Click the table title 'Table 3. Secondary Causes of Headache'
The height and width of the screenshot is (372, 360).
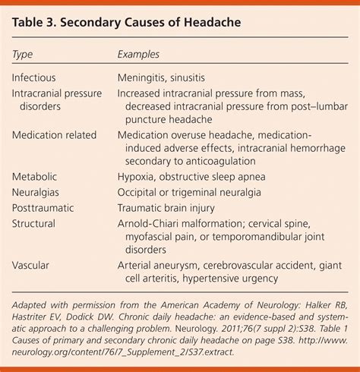pos(127,23)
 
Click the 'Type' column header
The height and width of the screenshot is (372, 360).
pos(24,55)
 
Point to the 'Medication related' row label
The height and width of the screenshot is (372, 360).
pos(54,135)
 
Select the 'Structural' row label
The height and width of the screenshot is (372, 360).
pos(35,224)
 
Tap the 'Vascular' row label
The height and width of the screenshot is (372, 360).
pos(33,266)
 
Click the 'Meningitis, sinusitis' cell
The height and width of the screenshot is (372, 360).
pos(171,77)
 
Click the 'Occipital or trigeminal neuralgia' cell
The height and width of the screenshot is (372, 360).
pos(203,193)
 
